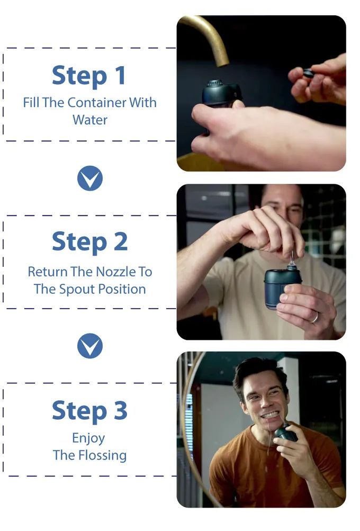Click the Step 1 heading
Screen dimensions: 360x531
pos(89,75)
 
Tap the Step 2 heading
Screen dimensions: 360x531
pos(90,242)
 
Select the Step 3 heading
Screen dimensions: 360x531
pos(90,410)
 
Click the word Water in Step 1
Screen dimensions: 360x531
pos(90,120)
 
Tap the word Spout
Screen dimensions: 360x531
pos(75,290)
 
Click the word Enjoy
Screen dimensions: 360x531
pos(89,438)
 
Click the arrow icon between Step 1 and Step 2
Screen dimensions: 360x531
pos(90,178)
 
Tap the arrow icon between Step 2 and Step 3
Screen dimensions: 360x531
pos(90,346)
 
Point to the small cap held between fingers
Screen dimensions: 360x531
pos(309,73)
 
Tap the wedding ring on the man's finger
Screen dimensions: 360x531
pos(315,317)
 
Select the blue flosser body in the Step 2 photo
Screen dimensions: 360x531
pos(282,288)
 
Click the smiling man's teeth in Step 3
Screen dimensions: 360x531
pos(269,415)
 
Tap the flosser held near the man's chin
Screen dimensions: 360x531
pos(286,433)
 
